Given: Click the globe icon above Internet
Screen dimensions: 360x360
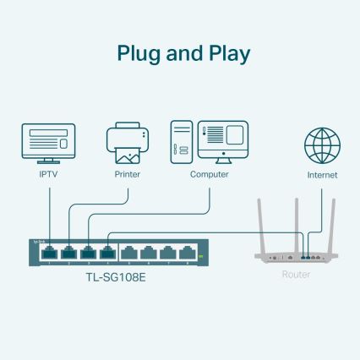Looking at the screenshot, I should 322,145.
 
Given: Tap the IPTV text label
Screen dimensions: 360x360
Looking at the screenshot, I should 48,175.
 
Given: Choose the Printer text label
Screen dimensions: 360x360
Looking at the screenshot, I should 127,175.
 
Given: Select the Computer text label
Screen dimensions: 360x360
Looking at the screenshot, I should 209,175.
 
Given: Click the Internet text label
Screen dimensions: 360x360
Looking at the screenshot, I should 322,175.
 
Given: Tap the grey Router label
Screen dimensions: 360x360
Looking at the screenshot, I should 296,275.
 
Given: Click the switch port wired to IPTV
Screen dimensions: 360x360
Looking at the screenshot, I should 49,251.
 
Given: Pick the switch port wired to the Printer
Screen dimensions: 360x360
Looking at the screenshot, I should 68,251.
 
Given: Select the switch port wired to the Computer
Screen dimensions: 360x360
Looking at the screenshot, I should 87,251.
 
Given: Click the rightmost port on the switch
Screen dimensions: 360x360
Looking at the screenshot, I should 185,251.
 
